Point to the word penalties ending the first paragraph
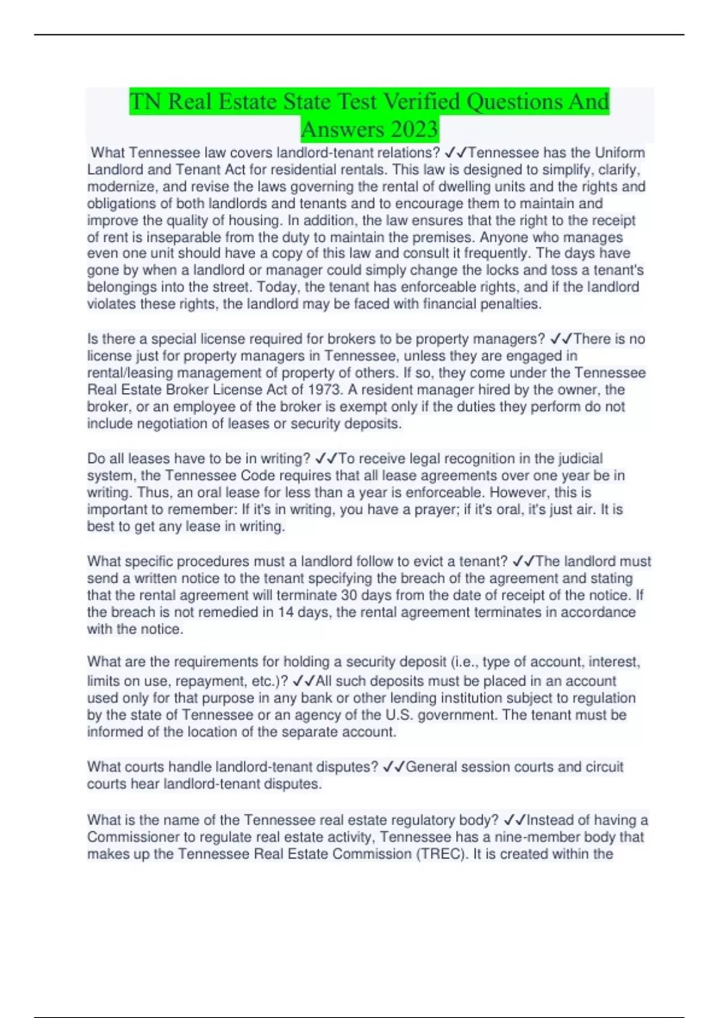coord(510,304)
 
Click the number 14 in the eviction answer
coord(286,612)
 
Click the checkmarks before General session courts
coord(394,767)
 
